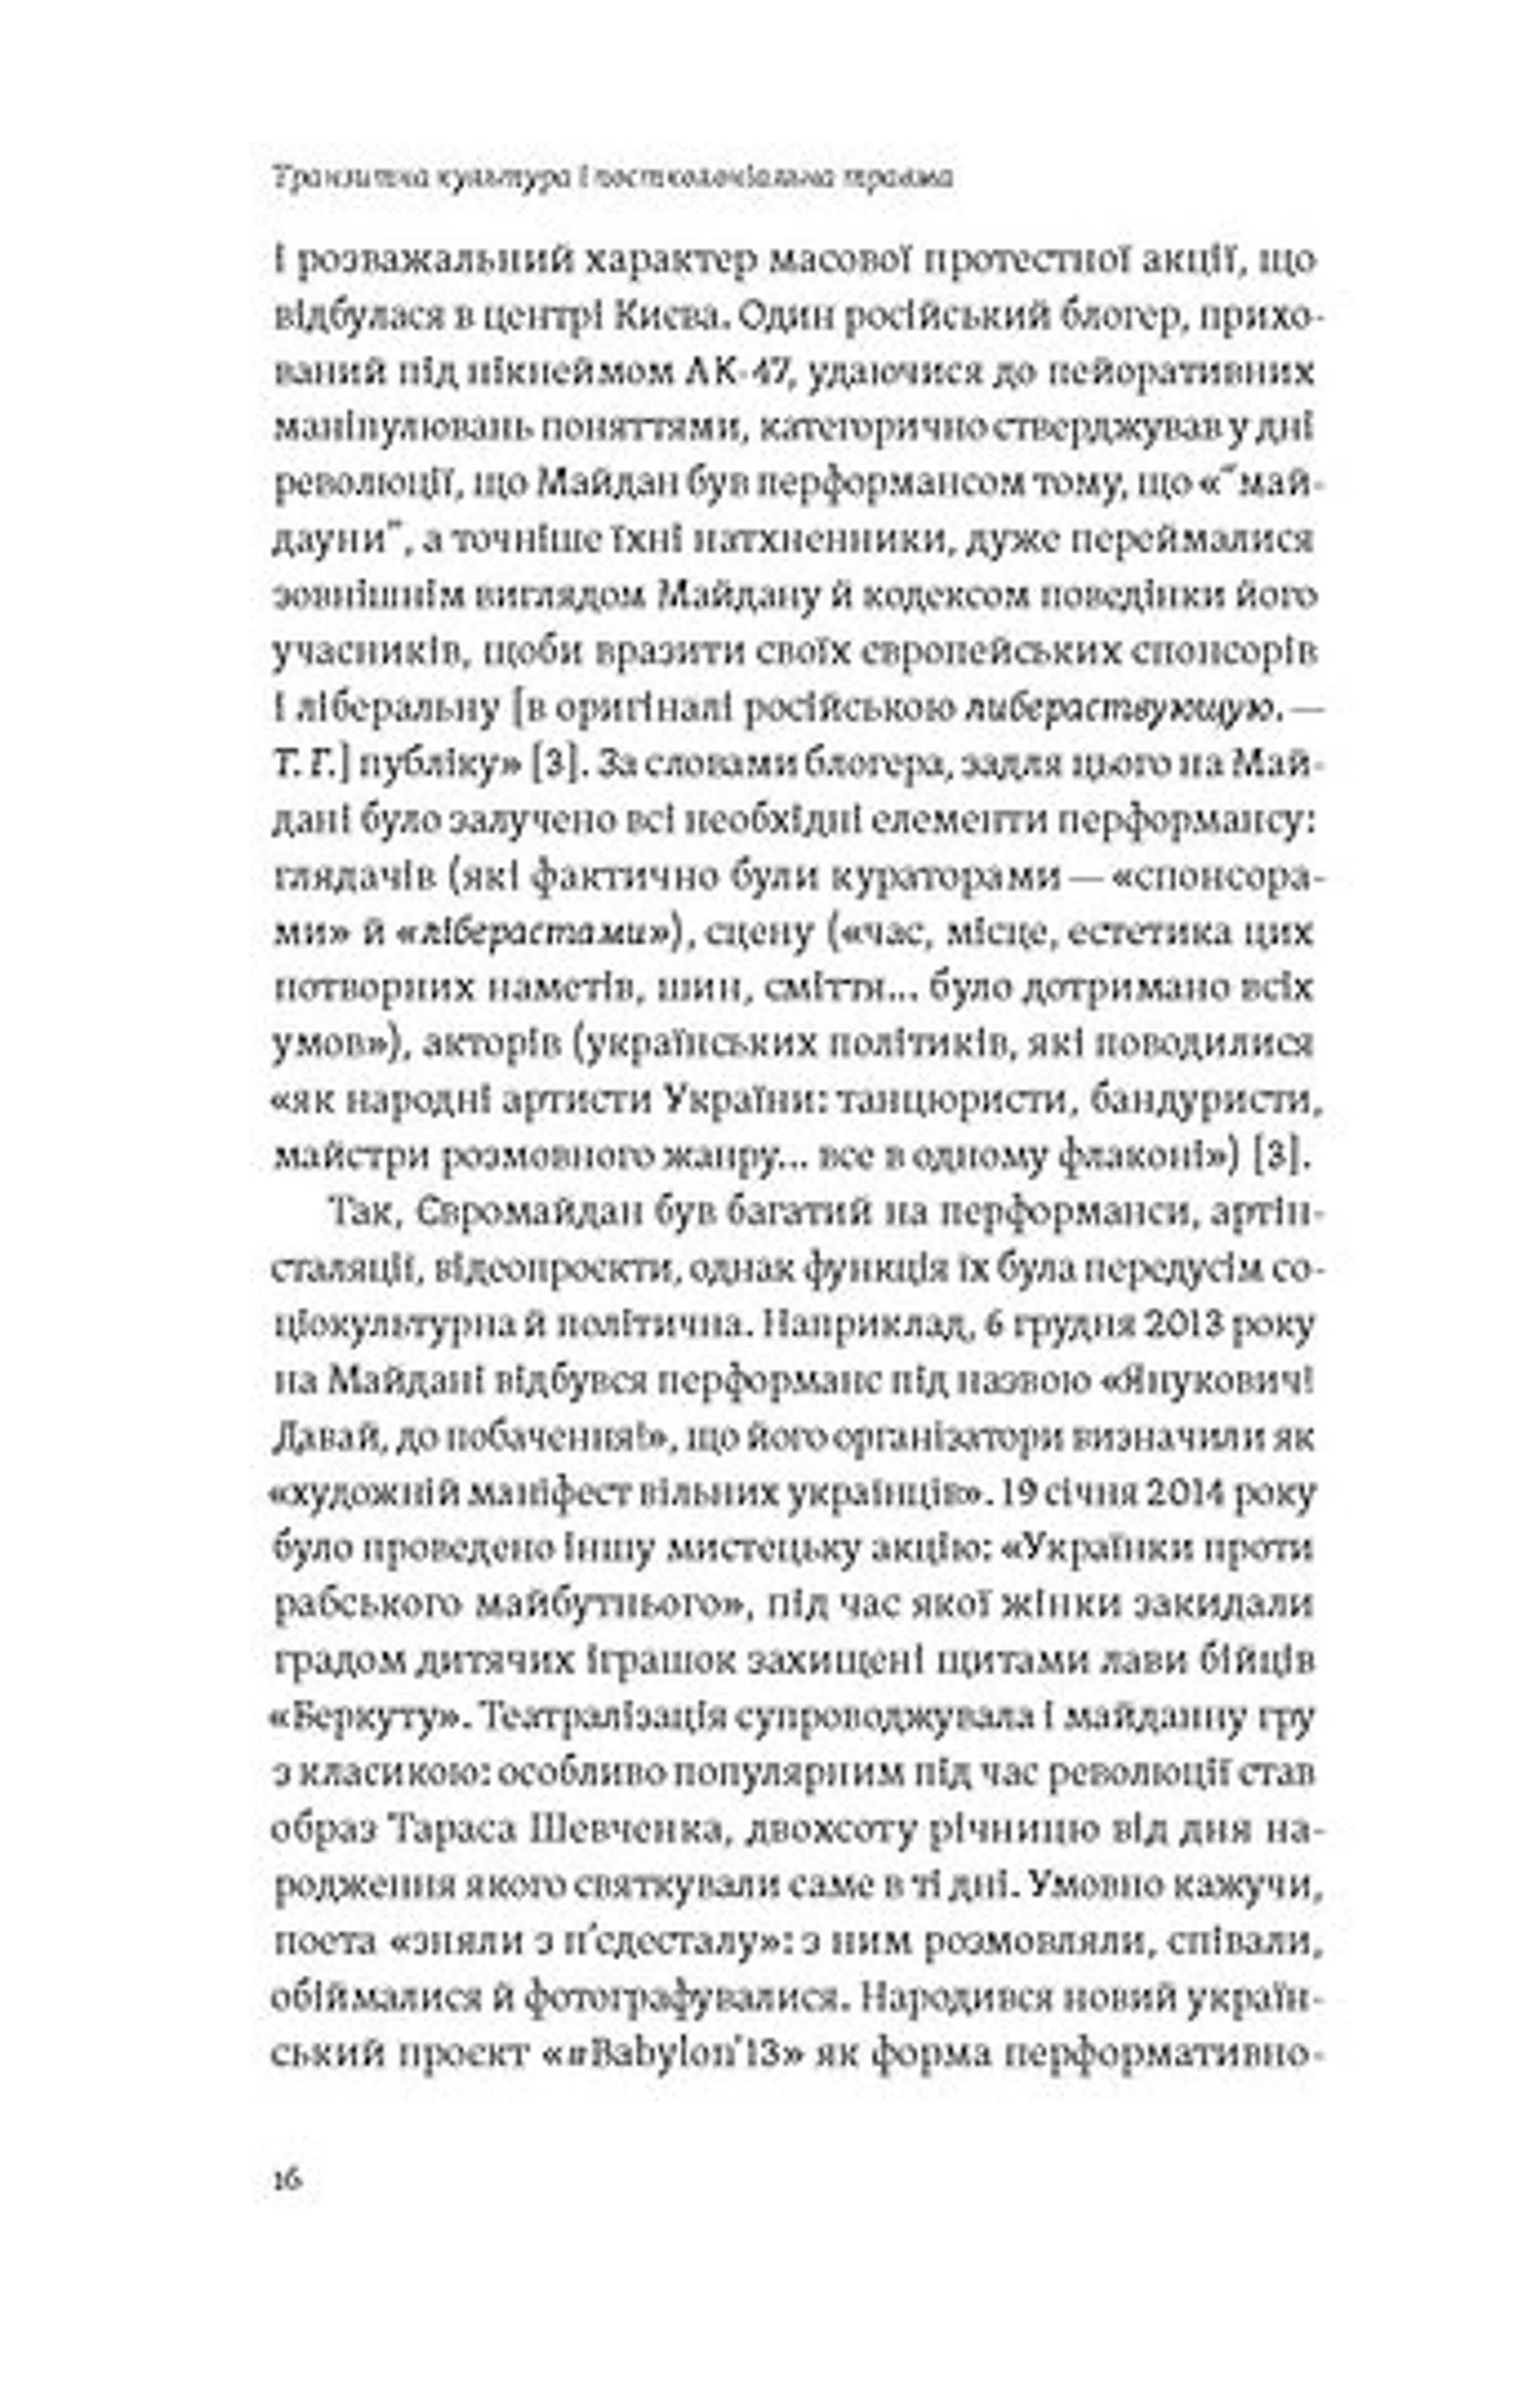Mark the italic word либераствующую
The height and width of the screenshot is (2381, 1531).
pyautogui.click(x=1119, y=709)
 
